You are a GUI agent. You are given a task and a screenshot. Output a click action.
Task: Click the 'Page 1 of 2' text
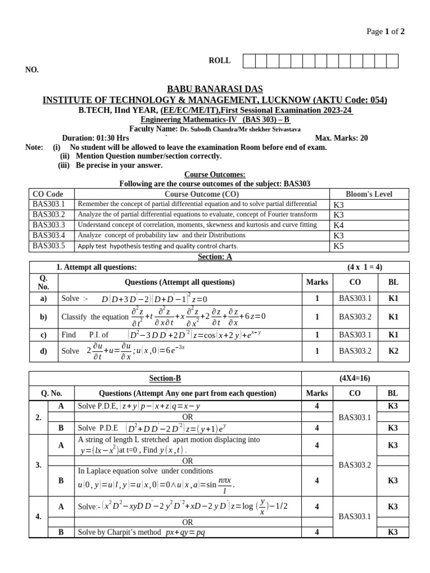tap(385, 31)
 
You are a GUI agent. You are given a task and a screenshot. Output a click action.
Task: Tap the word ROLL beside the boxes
tap(219, 60)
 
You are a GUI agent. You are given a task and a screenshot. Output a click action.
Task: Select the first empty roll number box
tap(249, 61)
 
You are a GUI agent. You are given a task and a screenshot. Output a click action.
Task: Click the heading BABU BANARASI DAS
tap(215, 90)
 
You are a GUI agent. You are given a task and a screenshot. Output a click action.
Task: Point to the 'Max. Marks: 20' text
tap(342, 138)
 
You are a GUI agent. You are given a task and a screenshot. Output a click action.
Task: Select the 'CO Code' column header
tap(48, 194)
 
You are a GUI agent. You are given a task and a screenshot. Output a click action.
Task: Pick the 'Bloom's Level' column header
tap(369, 194)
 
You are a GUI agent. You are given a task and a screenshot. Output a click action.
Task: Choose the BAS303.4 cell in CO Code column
tap(49, 235)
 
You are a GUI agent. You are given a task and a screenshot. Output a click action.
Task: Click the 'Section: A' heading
tap(215, 257)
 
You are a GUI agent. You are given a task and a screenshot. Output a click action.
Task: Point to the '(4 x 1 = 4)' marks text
tap(364, 267)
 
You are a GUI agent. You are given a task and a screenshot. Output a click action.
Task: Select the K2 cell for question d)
tap(394, 351)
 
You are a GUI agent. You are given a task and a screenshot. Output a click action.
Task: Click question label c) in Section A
tap(43, 335)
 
